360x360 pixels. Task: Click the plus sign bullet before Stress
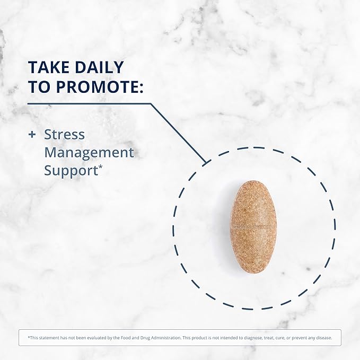[x=32, y=135]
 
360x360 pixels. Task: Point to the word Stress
[x=64, y=135]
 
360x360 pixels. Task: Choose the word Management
[x=89, y=153]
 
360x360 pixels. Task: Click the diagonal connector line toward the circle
[x=178, y=132]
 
